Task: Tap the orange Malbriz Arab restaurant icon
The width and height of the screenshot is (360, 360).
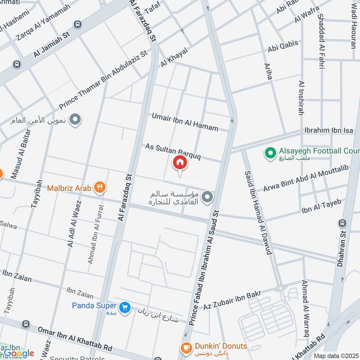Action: click(100, 188)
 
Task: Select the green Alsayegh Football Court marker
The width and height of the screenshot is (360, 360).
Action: click(270, 153)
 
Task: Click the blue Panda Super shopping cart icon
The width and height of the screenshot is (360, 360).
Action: click(125, 307)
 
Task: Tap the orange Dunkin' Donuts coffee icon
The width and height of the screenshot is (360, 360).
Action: click(185, 347)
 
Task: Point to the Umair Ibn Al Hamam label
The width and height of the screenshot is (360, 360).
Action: click(184, 122)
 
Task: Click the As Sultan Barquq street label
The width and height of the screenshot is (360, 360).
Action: click(172, 152)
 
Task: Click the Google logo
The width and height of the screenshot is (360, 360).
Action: click(19, 353)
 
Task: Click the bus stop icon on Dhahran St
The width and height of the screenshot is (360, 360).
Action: click(343, 223)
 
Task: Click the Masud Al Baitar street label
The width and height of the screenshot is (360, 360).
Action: click(20, 153)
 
